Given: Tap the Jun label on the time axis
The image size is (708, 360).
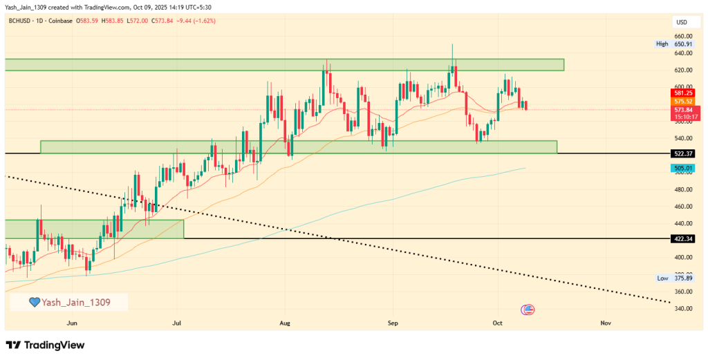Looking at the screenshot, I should pos(71,323).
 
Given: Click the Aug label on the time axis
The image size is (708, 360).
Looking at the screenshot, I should pos(285,323).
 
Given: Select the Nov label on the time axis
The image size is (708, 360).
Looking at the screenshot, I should pos(606,323).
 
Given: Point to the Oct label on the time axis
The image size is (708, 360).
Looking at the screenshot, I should pos(498,323).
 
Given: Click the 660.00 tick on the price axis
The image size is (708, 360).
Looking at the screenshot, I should pos(683,36).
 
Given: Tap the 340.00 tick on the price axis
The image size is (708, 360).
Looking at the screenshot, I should pos(683,308).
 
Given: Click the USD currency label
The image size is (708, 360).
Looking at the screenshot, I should pos(681,23).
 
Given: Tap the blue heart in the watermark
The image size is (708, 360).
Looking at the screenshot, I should pos(34,302).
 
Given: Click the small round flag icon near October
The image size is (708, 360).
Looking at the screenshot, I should pos(529,310).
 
